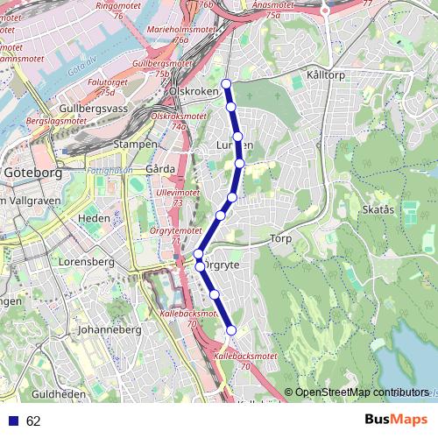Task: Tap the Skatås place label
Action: (377, 210)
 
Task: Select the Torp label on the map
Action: (280, 238)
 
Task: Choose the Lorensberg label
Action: (81, 261)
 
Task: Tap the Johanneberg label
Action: (109, 330)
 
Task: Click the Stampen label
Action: (136, 144)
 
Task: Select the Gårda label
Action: (160, 168)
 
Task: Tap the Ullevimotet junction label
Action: (176, 196)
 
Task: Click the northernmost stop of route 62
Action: (226, 84)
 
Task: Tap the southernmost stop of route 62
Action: (232, 330)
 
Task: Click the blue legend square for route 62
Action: (12, 420)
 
